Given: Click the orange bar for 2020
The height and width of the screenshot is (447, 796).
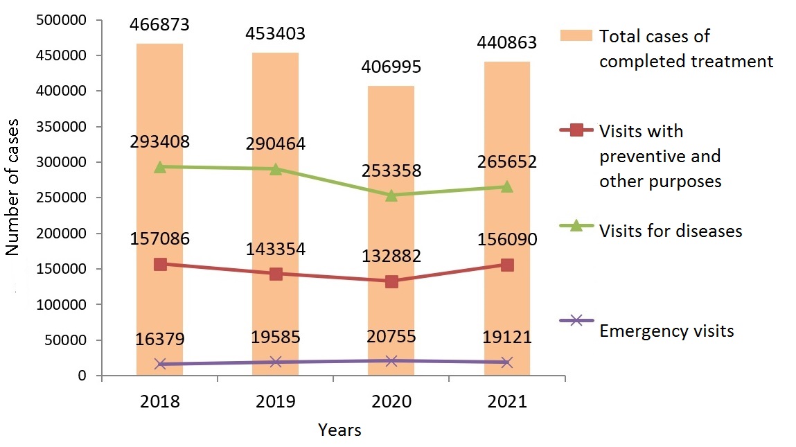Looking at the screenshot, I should (391, 229).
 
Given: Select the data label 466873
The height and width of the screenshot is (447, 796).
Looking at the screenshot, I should (160, 25).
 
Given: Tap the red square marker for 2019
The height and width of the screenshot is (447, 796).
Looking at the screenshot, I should (276, 274).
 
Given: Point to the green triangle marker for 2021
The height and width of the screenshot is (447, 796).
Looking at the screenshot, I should (507, 186).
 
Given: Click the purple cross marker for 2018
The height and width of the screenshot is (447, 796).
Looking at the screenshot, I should (160, 364).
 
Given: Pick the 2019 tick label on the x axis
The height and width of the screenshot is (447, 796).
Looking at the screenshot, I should (276, 402).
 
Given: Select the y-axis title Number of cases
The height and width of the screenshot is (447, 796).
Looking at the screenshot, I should (12, 187).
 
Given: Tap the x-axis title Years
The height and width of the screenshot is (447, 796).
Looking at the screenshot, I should (339, 430).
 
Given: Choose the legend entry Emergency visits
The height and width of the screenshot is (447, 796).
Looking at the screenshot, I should (666, 331).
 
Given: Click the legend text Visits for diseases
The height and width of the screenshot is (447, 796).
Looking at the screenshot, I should (670, 231).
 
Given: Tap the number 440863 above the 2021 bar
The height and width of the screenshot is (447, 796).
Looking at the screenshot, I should (507, 43).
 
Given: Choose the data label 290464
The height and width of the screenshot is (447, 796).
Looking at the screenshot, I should (276, 144).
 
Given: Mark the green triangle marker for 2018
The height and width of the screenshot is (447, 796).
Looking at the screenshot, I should (160, 167).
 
